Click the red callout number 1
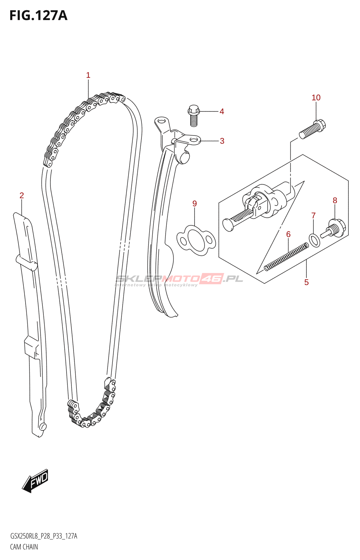pyautogui.click(x=88, y=75)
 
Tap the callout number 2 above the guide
pyautogui.click(x=22, y=196)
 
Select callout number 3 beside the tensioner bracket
pyautogui.click(x=222, y=141)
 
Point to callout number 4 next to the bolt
pyautogui.click(x=222, y=112)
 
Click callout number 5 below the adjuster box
pyautogui.click(x=306, y=282)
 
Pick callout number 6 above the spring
pyautogui.click(x=288, y=234)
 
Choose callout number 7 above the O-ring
pyautogui.click(x=313, y=216)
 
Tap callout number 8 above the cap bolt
pyautogui.click(x=335, y=201)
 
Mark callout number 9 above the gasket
pyautogui.click(x=195, y=204)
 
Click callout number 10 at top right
pyautogui.click(x=316, y=98)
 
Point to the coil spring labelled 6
pyautogui.click(x=286, y=257)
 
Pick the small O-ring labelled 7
pyautogui.click(x=314, y=240)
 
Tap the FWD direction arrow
pyautogui.click(x=35, y=481)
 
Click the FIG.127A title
pyautogui.click(x=38, y=15)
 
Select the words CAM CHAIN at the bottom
pyautogui.click(x=24, y=547)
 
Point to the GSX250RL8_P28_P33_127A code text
pyautogui.click(x=44, y=536)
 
